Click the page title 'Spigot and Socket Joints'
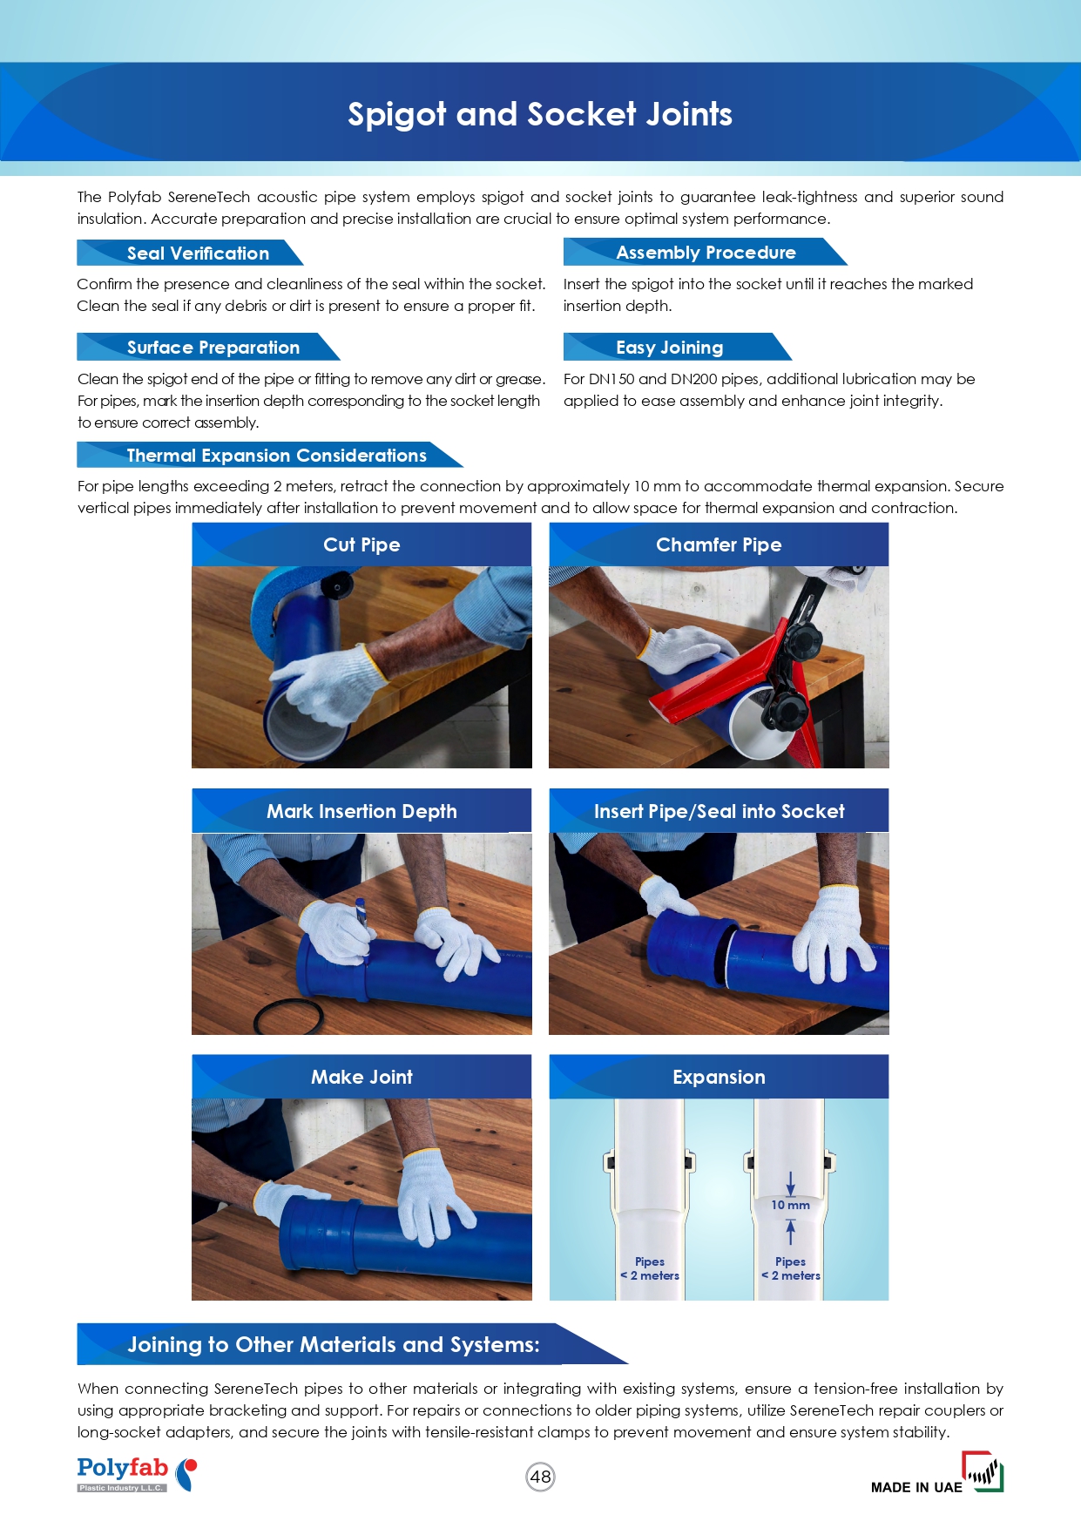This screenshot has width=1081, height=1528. (540, 114)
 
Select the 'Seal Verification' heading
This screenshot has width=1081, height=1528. (198, 254)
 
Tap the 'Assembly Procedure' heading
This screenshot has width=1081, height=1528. (706, 253)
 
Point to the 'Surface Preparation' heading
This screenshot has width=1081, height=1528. (213, 348)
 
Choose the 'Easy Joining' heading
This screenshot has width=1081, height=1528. (669, 348)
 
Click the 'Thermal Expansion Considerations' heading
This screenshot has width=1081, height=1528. (277, 456)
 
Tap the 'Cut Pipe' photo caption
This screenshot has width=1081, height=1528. (361, 544)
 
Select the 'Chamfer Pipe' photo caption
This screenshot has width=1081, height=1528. (719, 544)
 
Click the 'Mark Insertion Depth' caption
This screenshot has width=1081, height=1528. (361, 811)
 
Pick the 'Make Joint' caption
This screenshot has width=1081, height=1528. (361, 1077)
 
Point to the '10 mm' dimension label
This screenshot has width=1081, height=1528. (790, 1205)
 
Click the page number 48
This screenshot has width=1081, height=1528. (541, 1477)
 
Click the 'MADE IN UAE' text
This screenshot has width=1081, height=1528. (916, 1487)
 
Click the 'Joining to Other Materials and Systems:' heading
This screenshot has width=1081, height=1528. (334, 1344)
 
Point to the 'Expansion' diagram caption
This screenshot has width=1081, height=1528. (719, 1077)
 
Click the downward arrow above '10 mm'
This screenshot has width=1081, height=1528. (790, 1183)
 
